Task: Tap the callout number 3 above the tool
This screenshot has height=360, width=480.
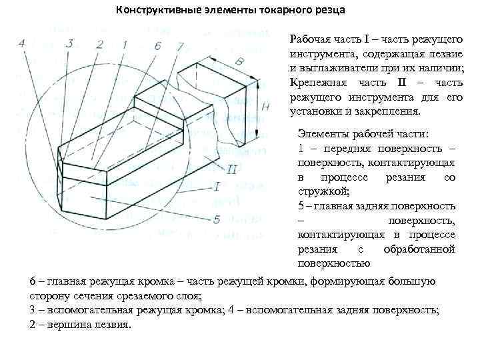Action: [70, 43]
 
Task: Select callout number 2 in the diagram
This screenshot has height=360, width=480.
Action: [99, 45]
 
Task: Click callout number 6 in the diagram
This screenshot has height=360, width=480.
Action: [157, 45]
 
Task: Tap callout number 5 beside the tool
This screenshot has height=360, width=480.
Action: [217, 219]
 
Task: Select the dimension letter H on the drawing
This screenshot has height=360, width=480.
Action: [265, 107]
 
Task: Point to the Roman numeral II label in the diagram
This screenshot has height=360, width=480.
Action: [232, 169]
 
